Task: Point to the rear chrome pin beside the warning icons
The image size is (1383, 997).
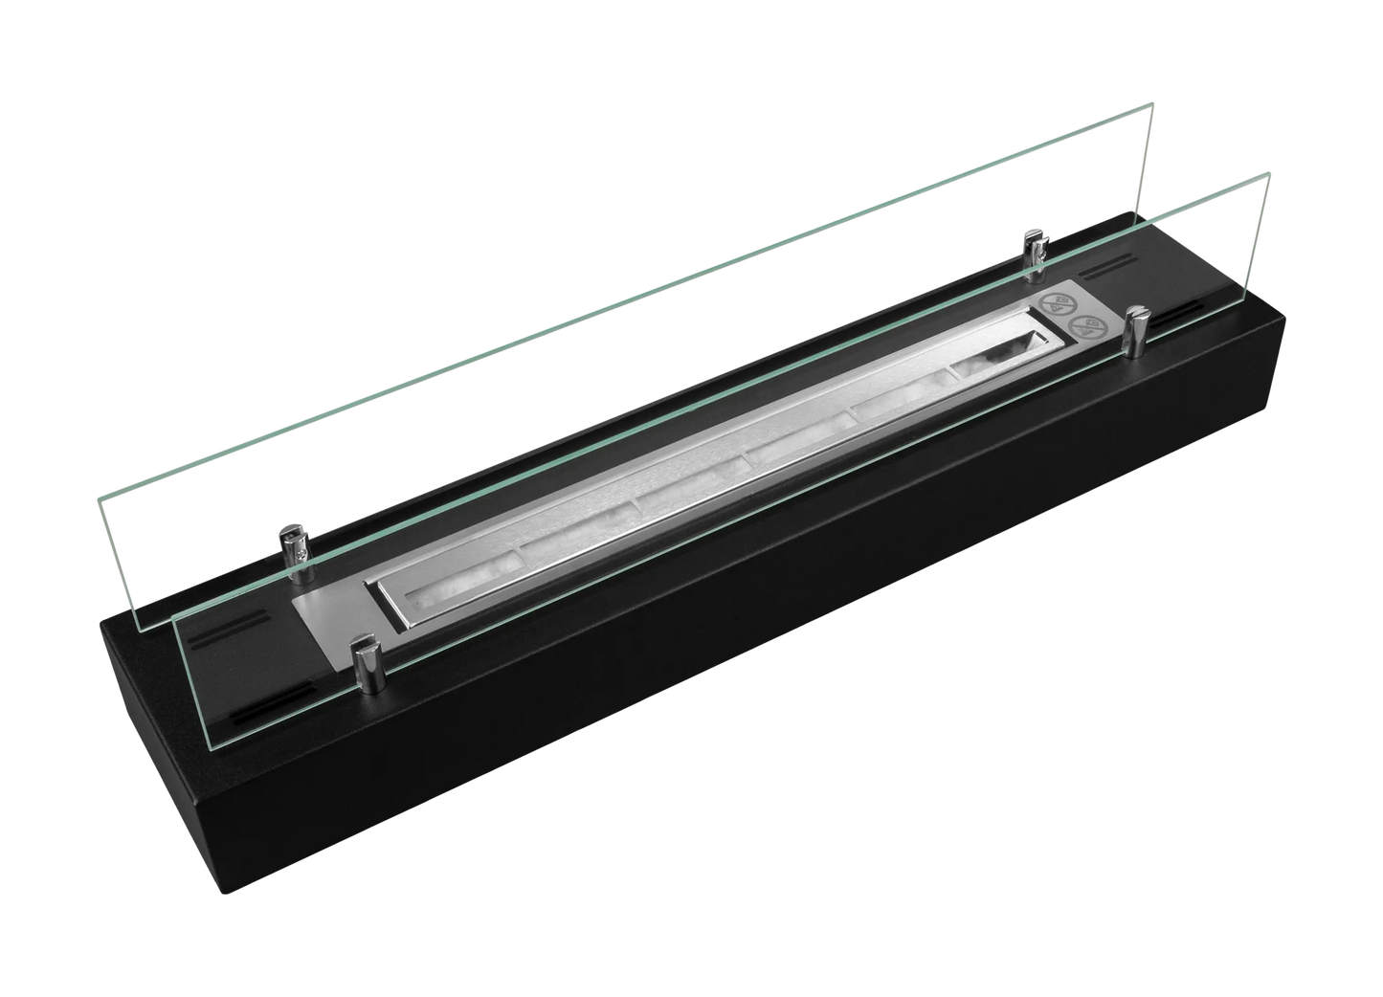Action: [x=1033, y=254]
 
